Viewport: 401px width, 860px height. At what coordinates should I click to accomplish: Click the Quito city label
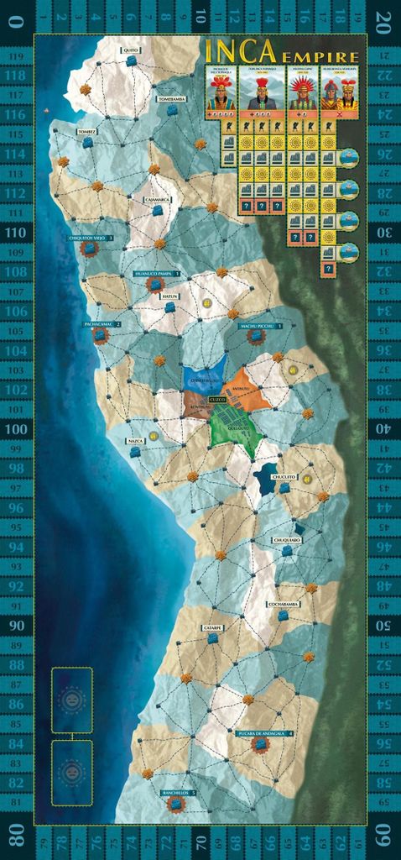point(130,50)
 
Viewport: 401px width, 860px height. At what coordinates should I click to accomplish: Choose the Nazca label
point(135,440)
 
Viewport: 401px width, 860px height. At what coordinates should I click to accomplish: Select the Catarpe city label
point(212,627)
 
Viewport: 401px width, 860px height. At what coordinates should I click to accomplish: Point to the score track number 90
point(17,626)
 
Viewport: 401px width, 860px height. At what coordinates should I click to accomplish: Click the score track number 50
point(383,626)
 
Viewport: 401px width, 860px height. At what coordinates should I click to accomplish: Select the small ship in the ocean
point(48,110)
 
